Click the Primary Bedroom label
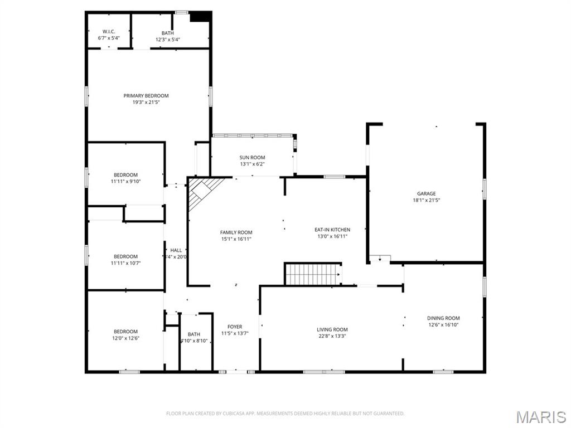tap(146, 96)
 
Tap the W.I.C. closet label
tap(108, 32)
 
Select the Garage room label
tap(427, 194)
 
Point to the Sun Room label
tap(252, 158)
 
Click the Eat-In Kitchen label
tap(332, 230)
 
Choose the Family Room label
tap(236, 232)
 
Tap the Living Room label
tap(332, 329)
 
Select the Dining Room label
tap(443, 318)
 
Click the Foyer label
tap(235, 327)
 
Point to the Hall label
tap(176, 250)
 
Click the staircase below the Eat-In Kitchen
tap(312, 274)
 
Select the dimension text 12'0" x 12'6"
tap(125, 338)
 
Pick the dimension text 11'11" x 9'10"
tap(125, 182)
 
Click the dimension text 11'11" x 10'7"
tap(125, 263)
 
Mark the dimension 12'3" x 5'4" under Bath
tap(168, 40)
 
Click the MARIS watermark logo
tap(540, 417)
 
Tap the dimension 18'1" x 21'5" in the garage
tap(427, 200)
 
